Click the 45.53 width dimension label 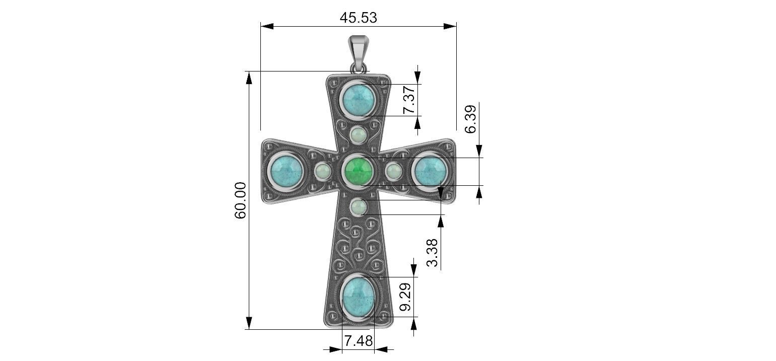(358, 18)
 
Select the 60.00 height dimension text (241, 200)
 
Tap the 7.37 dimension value (409, 100)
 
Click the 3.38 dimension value (432, 253)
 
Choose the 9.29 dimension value (405, 297)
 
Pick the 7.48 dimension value (358, 341)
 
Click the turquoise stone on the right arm (431, 170)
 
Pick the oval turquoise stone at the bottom (358, 296)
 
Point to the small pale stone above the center (359, 136)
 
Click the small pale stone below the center (359, 206)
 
